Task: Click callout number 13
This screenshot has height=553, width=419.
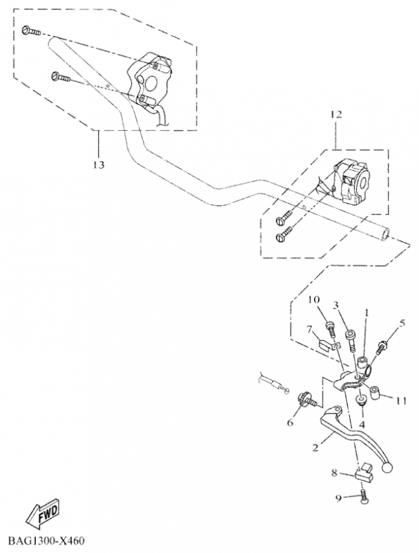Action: [x=99, y=165]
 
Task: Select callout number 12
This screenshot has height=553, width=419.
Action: [x=336, y=114]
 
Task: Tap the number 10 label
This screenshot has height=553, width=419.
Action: [x=313, y=300]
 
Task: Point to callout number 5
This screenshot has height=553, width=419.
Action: [x=402, y=323]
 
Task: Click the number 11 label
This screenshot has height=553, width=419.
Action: [x=400, y=401]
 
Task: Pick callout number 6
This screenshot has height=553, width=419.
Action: [x=290, y=422]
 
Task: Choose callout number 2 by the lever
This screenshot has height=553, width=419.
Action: [x=315, y=447]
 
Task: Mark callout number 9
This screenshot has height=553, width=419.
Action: [x=338, y=498]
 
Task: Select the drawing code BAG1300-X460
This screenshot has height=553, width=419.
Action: [x=46, y=541]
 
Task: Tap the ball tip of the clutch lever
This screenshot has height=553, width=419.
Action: [x=387, y=468]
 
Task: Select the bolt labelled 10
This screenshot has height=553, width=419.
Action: [x=330, y=330]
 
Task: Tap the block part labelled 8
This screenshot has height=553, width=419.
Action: [x=364, y=474]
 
